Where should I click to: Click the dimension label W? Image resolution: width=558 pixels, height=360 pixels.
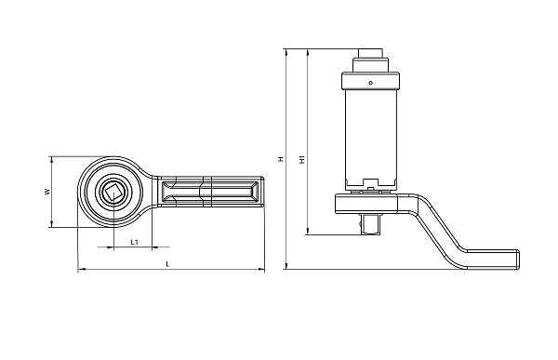46,192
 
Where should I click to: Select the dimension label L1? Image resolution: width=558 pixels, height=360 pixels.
134,243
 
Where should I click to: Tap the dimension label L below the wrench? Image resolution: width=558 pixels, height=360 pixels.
168,264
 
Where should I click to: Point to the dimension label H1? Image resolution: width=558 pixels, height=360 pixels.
302,159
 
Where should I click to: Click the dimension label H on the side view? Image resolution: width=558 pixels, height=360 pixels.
281,159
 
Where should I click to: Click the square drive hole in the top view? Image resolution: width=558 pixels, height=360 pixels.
113,193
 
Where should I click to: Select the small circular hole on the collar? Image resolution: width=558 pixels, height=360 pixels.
370,83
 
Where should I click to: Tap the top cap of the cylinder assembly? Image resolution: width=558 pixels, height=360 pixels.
370,53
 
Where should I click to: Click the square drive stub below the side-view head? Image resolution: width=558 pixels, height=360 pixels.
370,224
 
